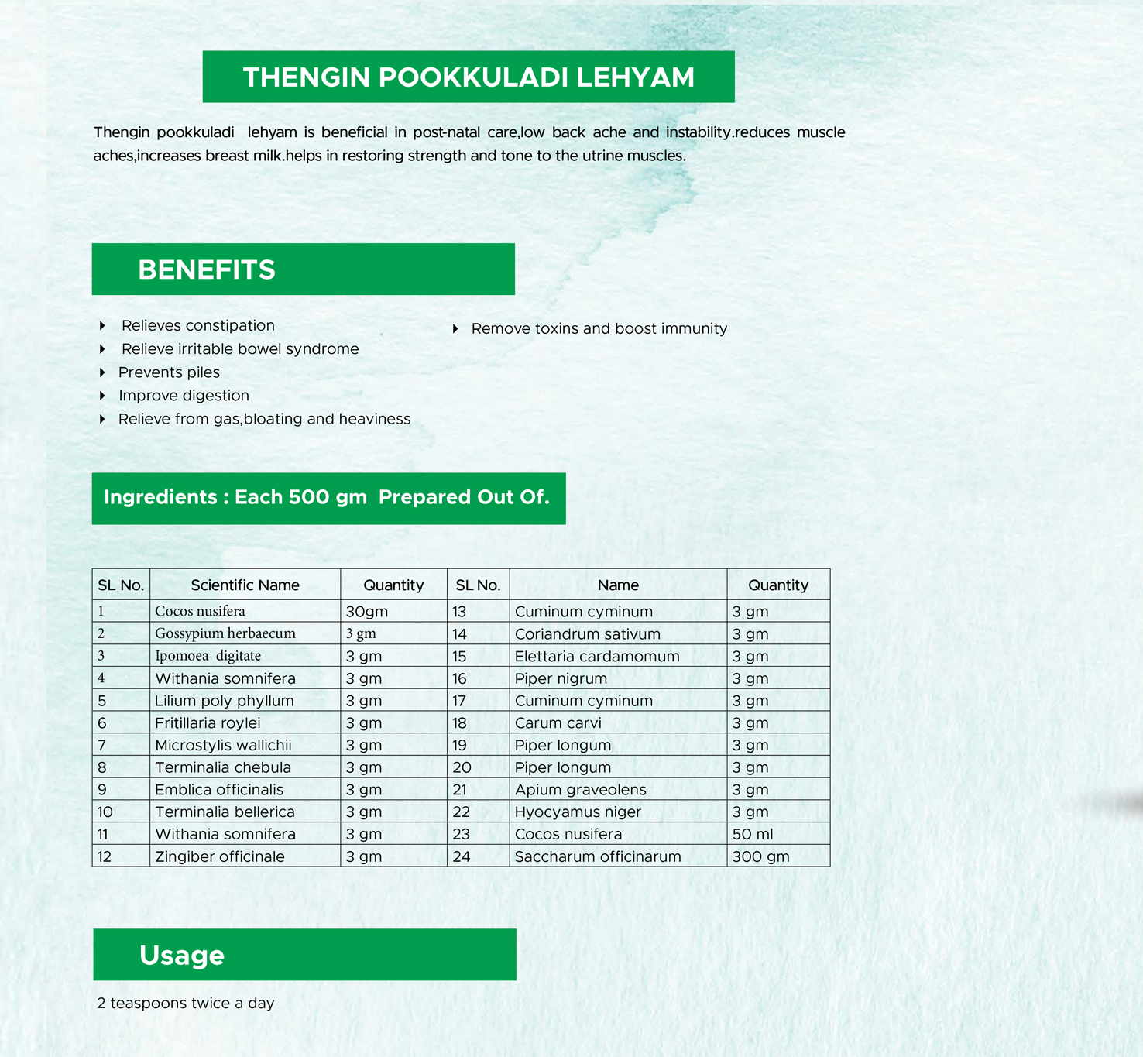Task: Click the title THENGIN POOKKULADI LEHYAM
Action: pyautogui.click(x=469, y=77)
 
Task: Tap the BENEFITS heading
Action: pyautogui.click(x=207, y=269)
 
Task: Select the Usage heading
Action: pyautogui.click(x=182, y=956)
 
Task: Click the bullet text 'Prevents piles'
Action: pyautogui.click(x=169, y=372)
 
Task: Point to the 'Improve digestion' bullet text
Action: pyautogui.click(x=184, y=396)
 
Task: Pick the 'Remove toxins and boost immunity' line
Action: pyautogui.click(x=599, y=328)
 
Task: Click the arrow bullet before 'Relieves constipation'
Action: pyautogui.click(x=102, y=325)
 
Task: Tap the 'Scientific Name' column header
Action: pyautogui.click(x=245, y=585)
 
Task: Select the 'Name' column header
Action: pyautogui.click(x=618, y=585)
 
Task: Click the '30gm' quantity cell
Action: pyautogui.click(x=367, y=612)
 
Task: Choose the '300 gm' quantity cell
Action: pyautogui.click(x=760, y=856)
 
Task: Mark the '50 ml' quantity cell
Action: pyautogui.click(x=753, y=834)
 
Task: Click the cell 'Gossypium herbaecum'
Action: pyautogui.click(x=225, y=633)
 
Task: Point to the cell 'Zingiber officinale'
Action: pyautogui.click(x=220, y=856)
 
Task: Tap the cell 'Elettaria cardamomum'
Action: pyautogui.click(x=597, y=657)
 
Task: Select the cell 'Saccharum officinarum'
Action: pyautogui.click(x=598, y=856)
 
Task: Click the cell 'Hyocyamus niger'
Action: pyautogui.click(x=578, y=812)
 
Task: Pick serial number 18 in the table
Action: pyautogui.click(x=459, y=723)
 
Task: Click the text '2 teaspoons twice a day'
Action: pyautogui.click(x=186, y=1004)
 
